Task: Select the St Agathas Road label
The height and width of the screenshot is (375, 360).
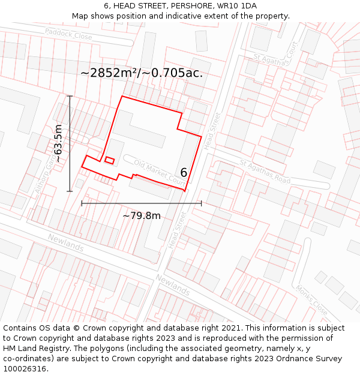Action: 265,172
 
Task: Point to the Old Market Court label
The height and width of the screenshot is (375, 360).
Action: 160,172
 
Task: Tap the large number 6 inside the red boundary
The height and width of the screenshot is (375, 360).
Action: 184,173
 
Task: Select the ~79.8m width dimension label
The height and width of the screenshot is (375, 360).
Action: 142,216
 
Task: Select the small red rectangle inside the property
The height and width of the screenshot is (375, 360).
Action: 109,160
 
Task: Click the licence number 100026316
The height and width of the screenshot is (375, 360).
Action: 25,368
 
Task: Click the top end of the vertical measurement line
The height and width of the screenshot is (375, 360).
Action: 70,96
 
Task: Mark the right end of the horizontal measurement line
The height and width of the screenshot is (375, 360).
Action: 202,203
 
